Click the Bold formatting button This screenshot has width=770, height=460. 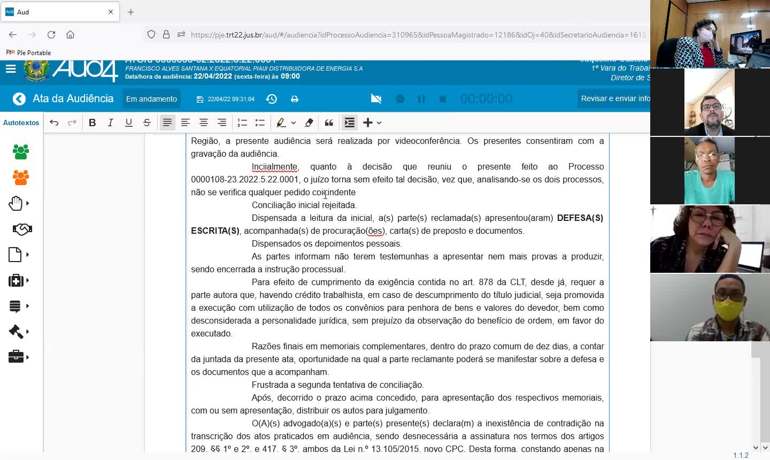point(93,122)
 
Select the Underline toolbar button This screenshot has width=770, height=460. point(129,122)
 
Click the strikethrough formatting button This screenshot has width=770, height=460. point(147,122)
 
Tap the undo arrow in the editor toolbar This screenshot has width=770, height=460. point(54,122)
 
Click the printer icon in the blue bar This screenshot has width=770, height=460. point(295,99)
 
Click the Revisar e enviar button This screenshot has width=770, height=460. point(615,98)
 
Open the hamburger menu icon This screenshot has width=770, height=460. point(11,69)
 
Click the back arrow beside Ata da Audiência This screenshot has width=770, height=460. point(19,99)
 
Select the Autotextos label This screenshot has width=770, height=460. point(21,122)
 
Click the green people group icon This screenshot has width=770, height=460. point(21,152)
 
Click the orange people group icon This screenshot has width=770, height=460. point(21,178)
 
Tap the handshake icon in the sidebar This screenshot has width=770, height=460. point(22,229)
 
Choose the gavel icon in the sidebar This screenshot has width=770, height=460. point(16,332)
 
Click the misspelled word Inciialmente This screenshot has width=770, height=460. point(274,167)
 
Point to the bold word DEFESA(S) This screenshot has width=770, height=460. point(580,218)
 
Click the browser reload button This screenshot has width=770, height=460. point(51,35)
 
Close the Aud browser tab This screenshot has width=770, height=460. point(111,12)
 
